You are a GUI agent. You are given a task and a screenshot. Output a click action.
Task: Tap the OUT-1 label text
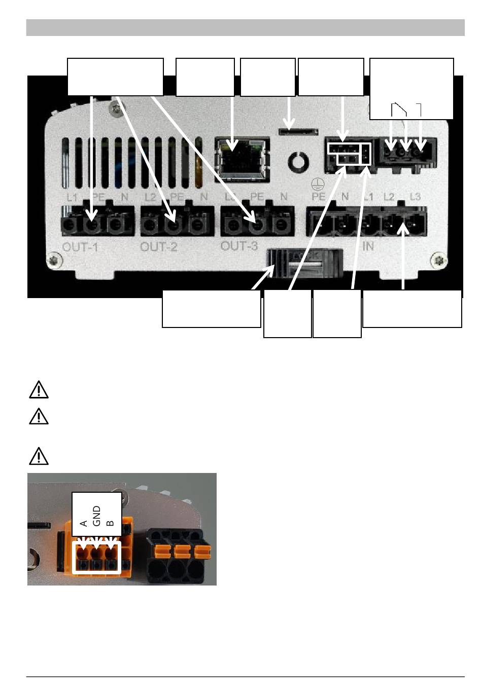click(x=80, y=248)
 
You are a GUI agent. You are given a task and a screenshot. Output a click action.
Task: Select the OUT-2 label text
click(x=159, y=248)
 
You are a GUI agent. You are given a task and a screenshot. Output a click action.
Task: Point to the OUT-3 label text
click(x=239, y=246)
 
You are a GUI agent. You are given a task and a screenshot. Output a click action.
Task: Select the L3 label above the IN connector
click(x=415, y=196)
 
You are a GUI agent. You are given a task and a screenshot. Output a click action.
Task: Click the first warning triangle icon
click(x=39, y=390)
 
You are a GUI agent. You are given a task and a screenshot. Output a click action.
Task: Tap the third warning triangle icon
click(x=39, y=456)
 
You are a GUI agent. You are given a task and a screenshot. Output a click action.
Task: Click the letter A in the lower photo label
click(x=84, y=523)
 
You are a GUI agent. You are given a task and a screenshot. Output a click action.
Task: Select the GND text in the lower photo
click(x=97, y=515)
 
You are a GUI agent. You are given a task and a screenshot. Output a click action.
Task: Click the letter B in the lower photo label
click(x=110, y=523)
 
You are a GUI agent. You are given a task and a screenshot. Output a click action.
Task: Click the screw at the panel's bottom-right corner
click(x=439, y=262)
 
